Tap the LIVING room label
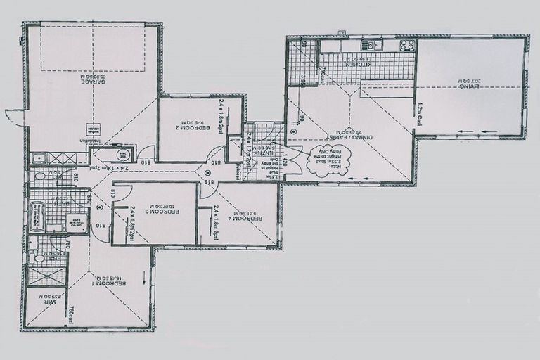pyautogui.click(x=472, y=85)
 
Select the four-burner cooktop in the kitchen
pyautogui.click(x=407, y=45)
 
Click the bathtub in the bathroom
pyautogui.click(x=37, y=216)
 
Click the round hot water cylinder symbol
pyautogui.click(x=122, y=156)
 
